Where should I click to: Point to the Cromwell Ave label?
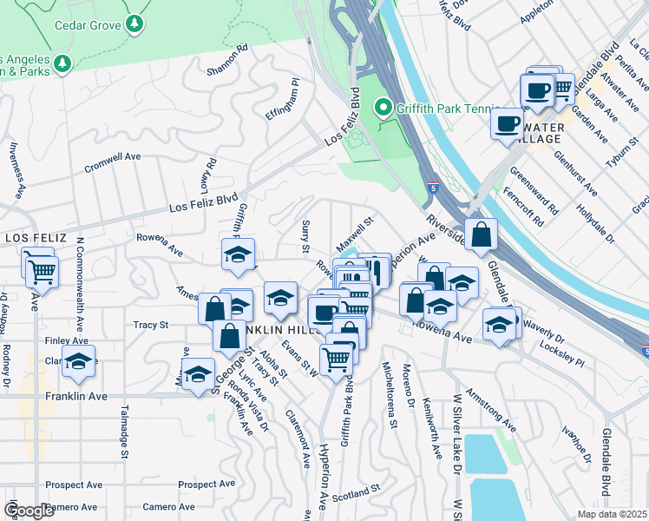click(112, 162)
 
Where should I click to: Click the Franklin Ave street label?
click(76, 396)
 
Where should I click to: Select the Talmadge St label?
click(125, 433)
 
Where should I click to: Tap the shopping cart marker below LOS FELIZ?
click(41, 272)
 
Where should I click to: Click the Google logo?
click(29, 510)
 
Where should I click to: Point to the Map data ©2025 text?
click(612, 514)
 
